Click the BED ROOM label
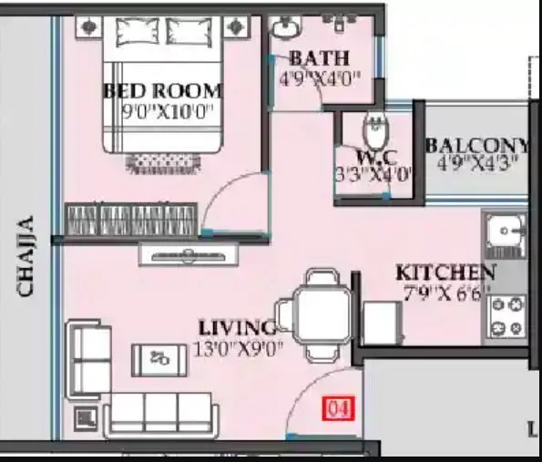(162, 91)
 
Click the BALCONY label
(478, 146)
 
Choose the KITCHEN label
(445, 272)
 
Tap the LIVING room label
(236, 327)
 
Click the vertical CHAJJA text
(26, 256)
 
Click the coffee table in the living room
(161, 357)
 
